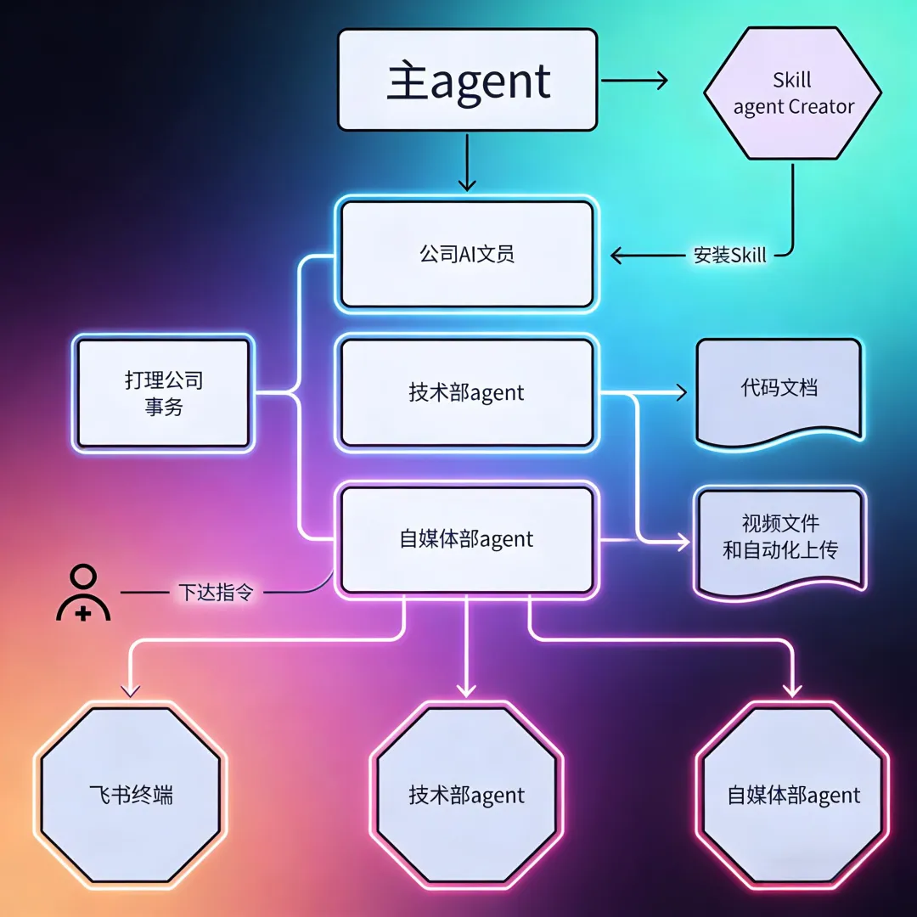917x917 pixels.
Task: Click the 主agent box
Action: (x=467, y=80)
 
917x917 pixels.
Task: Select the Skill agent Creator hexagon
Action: (x=793, y=93)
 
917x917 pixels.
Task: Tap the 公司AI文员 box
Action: (x=466, y=254)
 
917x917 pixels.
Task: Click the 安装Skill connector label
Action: (x=729, y=255)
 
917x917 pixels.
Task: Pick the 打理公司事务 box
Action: (x=163, y=393)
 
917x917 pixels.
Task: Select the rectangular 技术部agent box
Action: (x=466, y=392)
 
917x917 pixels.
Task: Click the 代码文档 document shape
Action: (x=779, y=389)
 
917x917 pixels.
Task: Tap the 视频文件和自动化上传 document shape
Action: (x=779, y=537)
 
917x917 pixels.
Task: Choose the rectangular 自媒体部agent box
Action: (x=466, y=539)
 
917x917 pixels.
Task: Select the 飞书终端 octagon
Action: (x=131, y=795)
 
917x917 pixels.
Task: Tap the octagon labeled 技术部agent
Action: (x=466, y=795)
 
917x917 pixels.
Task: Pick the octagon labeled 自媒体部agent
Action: (x=793, y=795)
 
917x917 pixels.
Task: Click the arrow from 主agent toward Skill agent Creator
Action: (x=635, y=81)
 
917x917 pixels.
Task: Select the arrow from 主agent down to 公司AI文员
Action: (x=466, y=161)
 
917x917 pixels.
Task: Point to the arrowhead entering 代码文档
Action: (x=679, y=392)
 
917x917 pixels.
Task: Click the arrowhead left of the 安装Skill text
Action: (x=619, y=255)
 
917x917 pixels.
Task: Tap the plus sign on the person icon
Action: (x=83, y=611)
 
